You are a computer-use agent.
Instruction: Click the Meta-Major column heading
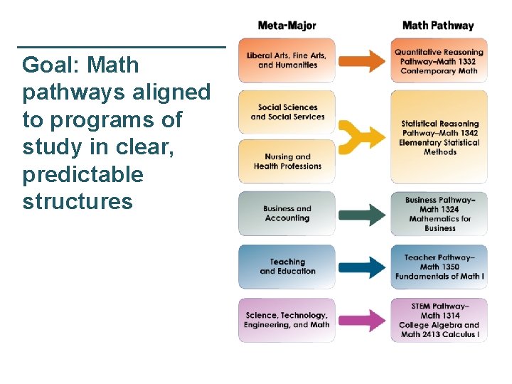tap(287, 26)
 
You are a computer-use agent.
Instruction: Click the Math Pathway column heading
tap(438, 26)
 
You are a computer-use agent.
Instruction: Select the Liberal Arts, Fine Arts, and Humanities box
tap(287, 60)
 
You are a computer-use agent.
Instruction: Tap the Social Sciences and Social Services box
tap(287, 112)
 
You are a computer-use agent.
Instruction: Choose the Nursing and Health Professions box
tap(287, 161)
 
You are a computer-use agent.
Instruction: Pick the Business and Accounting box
tap(287, 213)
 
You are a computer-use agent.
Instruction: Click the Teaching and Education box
tap(287, 267)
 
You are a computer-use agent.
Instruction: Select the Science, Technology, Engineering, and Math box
tap(287, 320)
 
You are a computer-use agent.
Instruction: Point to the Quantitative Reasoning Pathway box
tap(439, 60)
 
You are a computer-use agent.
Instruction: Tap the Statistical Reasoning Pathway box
tap(439, 137)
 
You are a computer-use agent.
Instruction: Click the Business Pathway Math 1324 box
tap(439, 214)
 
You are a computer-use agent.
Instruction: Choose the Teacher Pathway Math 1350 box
tap(439, 267)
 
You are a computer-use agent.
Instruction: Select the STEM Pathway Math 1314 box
tap(439, 320)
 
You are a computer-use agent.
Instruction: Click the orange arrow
tap(362, 61)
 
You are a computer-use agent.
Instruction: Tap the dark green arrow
tap(362, 214)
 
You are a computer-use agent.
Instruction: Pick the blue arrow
tap(362, 267)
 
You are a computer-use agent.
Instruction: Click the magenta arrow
tap(362, 320)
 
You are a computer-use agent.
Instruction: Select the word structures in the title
tap(78, 202)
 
